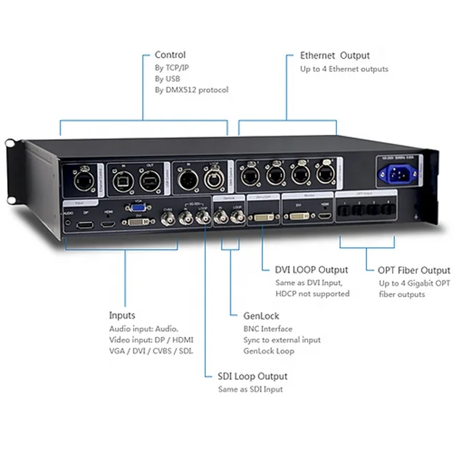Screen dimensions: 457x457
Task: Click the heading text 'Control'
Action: (170, 55)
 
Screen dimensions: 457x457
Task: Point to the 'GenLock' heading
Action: (261, 315)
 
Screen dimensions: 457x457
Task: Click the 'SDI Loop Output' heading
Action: (253, 376)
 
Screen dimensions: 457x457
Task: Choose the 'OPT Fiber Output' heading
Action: (414, 270)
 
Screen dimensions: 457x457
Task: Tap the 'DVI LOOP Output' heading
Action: (311, 270)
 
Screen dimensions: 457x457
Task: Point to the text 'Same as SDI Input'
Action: (250, 389)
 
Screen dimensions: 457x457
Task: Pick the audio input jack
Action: (68, 223)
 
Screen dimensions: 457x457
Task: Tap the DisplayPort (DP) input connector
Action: (86, 225)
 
